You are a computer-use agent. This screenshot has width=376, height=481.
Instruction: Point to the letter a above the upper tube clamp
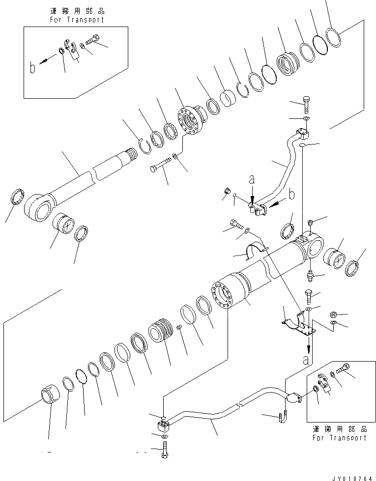[252, 181]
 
